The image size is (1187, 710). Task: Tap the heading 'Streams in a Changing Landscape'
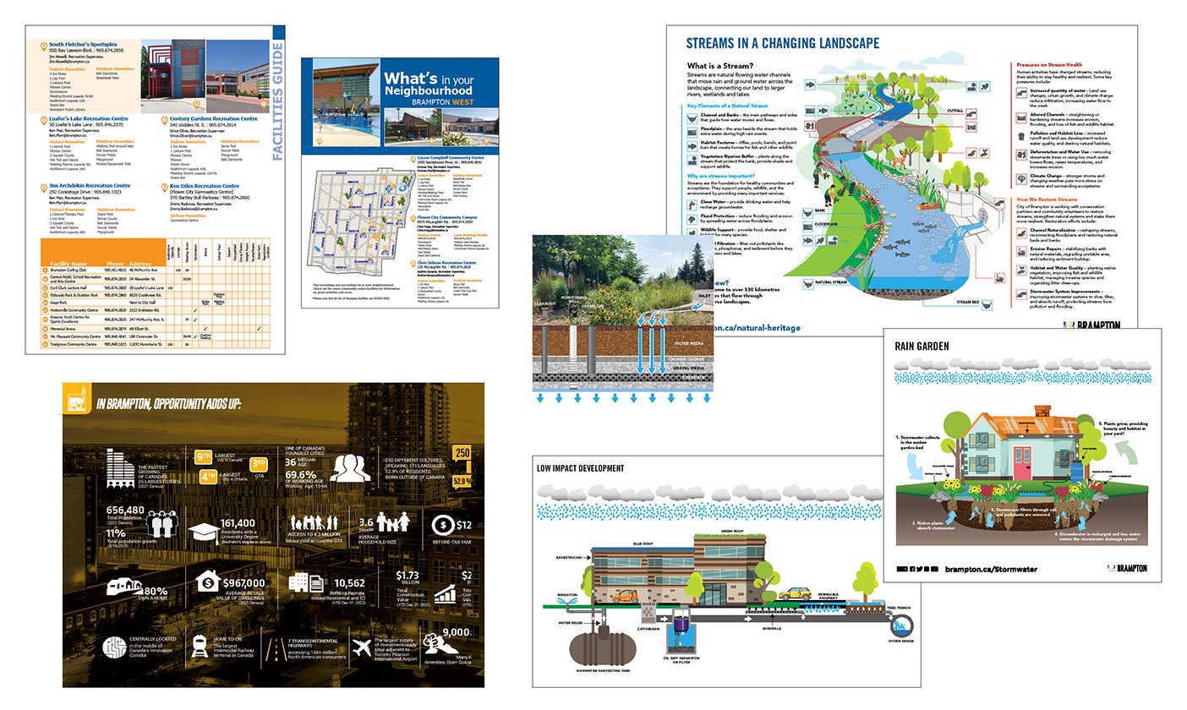(782, 43)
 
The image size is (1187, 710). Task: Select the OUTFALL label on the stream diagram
(954, 111)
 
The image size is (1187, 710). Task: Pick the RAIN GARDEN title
(922, 346)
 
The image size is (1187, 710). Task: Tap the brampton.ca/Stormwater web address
(991, 569)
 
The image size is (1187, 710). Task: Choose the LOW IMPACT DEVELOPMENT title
(580, 467)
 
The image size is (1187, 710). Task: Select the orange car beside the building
(622, 595)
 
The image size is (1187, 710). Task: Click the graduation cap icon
(204, 532)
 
